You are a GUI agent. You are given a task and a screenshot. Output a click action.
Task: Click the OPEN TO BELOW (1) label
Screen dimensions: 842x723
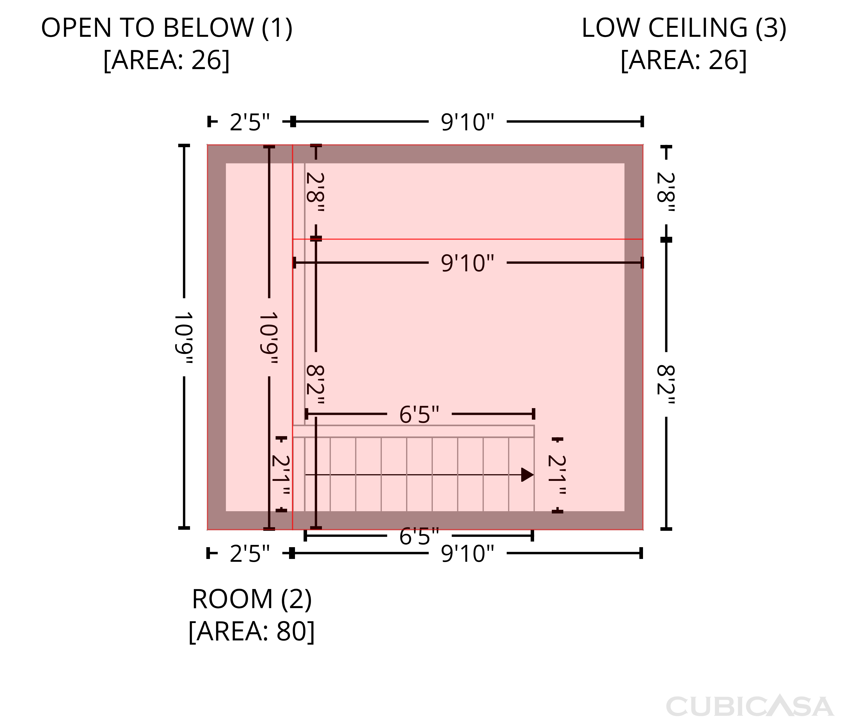tap(167, 28)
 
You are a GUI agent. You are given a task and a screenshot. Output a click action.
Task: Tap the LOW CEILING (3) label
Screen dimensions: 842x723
tap(684, 28)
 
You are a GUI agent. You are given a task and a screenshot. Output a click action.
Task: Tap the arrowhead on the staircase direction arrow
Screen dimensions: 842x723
tap(527, 474)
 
